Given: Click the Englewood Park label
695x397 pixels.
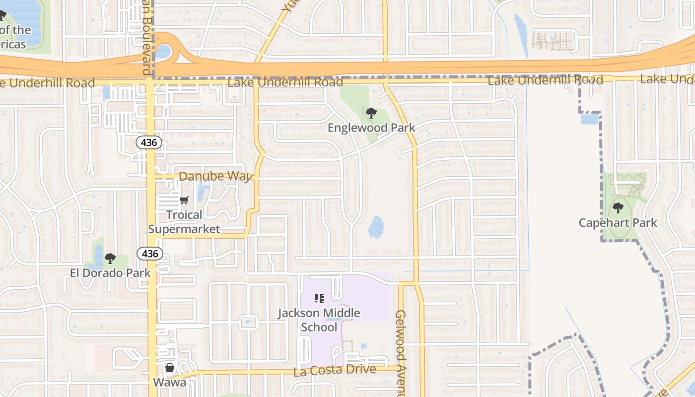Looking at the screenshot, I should pyautogui.click(x=371, y=128).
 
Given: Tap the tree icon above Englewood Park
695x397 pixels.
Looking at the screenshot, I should pyautogui.click(x=371, y=113).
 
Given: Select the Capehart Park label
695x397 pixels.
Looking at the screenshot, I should pyautogui.click(x=618, y=223).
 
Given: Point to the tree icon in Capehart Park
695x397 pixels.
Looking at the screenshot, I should pyautogui.click(x=618, y=208).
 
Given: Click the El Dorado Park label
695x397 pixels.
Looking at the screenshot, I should pyautogui.click(x=110, y=272).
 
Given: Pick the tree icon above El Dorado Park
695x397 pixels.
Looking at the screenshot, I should pyautogui.click(x=110, y=258).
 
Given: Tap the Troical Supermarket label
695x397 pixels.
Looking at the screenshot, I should pyautogui.click(x=184, y=222).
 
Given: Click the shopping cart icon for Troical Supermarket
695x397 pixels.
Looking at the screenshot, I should pyautogui.click(x=184, y=200).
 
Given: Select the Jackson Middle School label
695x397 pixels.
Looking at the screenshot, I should pyautogui.click(x=319, y=320).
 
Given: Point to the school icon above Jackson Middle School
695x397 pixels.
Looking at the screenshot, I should pyautogui.click(x=319, y=298).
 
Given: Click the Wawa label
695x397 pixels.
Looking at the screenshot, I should pyautogui.click(x=169, y=382).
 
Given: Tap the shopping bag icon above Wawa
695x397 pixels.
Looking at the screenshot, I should pyautogui.click(x=169, y=368).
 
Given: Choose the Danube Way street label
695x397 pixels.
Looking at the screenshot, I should pyautogui.click(x=215, y=176).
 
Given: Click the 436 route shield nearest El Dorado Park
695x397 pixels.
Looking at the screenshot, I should pyautogui.click(x=149, y=254).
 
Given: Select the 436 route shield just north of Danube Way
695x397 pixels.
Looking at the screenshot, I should pyautogui.click(x=149, y=143).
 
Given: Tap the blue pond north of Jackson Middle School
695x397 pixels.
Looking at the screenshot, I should pyautogui.click(x=376, y=227).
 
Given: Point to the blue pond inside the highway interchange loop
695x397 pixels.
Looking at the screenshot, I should pyautogui.click(x=164, y=51).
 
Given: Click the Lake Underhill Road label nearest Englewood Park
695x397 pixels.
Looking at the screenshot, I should pyautogui.click(x=285, y=82).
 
